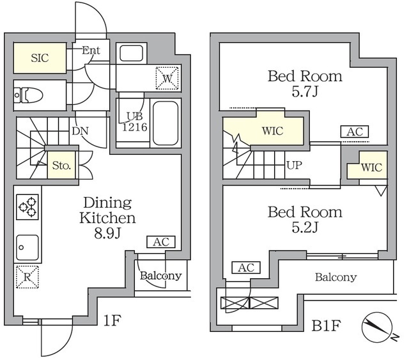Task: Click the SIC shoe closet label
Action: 38,58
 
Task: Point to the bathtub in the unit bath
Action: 166,122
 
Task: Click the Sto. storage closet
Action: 61,166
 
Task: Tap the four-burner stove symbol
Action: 27,206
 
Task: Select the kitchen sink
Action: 27,245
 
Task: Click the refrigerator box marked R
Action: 27,276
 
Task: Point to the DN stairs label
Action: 80,131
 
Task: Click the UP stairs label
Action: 294,164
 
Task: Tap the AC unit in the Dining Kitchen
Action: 161,242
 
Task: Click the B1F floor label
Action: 325,327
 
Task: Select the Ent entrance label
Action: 91,50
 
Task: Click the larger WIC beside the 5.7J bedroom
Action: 272,130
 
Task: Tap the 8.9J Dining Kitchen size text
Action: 107,234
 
